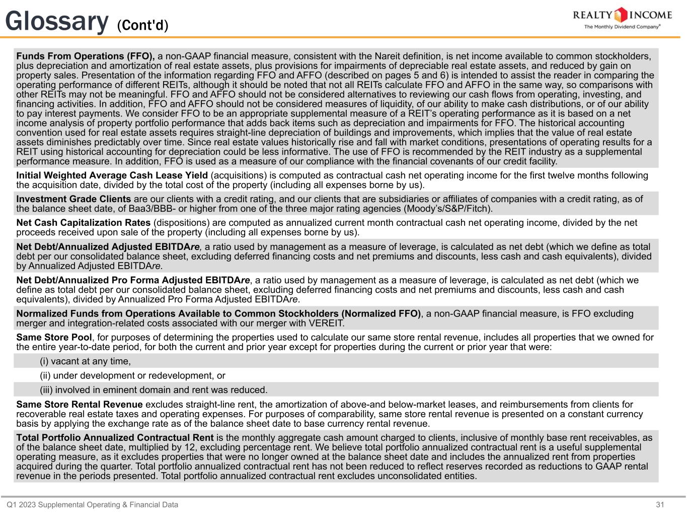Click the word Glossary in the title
[57, 21]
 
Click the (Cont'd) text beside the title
[142, 25]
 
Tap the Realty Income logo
[622, 18]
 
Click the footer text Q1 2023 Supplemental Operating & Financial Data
[92, 504]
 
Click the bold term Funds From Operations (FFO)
[86, 56]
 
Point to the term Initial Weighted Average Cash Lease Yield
[112, 175]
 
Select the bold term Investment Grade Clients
[73, 199]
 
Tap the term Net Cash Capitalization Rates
[84, 223]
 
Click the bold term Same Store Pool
[54, 338]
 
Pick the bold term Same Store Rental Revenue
[80, 405]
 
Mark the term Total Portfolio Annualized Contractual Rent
[115, 438]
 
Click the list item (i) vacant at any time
[85, 361]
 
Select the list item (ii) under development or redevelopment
[132, 375]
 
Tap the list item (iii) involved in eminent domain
[154, 390]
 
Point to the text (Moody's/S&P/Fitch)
[448, 209]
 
